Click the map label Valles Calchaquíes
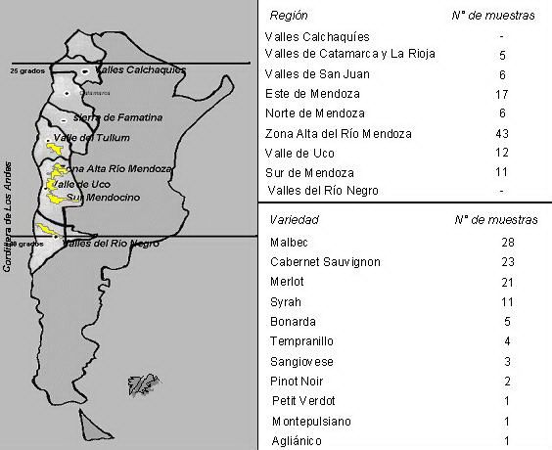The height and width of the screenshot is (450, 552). pos(141,70)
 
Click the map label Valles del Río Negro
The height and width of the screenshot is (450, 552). pos(109,243)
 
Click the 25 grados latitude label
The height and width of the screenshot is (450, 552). pos(28,71)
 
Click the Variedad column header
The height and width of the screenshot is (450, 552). pos(294,220)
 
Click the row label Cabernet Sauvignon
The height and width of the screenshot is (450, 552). pos(323,262)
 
